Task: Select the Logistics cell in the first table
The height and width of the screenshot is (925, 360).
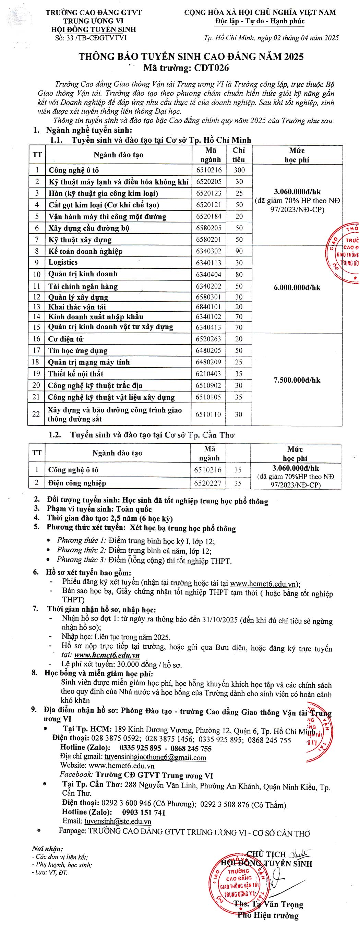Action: click(63, 262)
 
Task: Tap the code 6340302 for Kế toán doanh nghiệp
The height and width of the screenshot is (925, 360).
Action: click(208, 251)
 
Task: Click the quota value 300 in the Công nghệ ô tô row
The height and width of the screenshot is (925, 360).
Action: click(239, 170)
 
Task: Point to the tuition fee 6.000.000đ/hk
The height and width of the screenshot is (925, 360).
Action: click(297, 288)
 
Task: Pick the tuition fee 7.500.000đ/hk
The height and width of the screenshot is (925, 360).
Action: click(297, 380)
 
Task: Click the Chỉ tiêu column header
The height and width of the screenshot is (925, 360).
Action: click(239, 155)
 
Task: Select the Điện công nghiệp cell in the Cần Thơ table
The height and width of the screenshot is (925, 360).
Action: click(77, 483)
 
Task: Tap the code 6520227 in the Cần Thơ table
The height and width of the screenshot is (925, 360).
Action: click(208, 483)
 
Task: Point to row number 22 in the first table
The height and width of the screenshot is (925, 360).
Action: click(36, 414)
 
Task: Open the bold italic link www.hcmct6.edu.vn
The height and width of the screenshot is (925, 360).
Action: click(107, 655)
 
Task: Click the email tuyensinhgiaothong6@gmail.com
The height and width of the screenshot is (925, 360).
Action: click(155, 757)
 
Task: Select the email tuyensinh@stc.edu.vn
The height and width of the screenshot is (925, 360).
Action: click(118, 821)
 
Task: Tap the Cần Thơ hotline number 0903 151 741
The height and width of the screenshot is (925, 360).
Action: click(144, 813)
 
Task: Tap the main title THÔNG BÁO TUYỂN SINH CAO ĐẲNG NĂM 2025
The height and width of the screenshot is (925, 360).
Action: click(191, 57)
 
